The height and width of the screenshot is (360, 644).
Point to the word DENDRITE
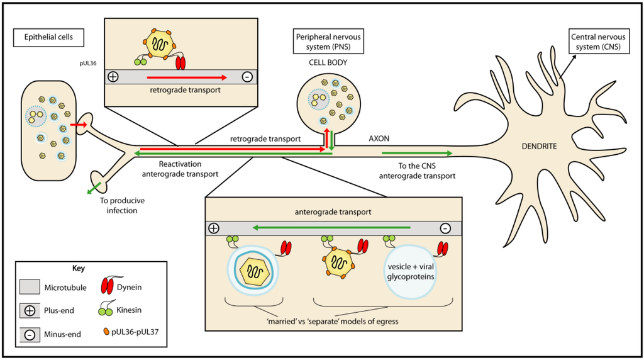click(x=542, y=146)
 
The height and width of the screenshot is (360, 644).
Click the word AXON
click(x=377, y=136)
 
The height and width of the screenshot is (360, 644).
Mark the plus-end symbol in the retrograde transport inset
click(x=113, y=77)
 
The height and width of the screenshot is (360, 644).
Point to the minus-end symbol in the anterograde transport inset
click(x=445, y=227)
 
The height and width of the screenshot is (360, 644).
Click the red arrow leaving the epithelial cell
click(x=79, y=126)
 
